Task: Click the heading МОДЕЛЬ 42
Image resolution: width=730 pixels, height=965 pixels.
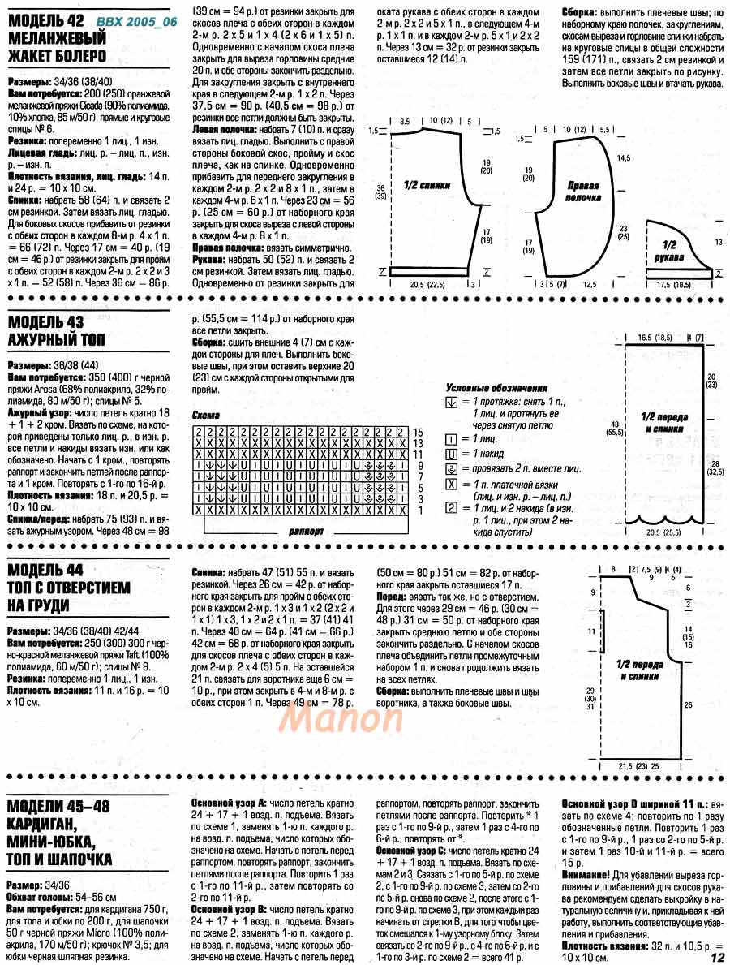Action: [x=47, y=20]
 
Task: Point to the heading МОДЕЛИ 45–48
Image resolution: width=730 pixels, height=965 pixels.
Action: [x=58, y=805]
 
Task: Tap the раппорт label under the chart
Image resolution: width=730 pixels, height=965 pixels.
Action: [x=306, y=531]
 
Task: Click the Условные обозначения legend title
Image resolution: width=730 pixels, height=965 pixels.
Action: [x=496, y=388]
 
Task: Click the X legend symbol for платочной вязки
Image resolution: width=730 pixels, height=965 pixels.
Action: [x=452, y=484]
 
